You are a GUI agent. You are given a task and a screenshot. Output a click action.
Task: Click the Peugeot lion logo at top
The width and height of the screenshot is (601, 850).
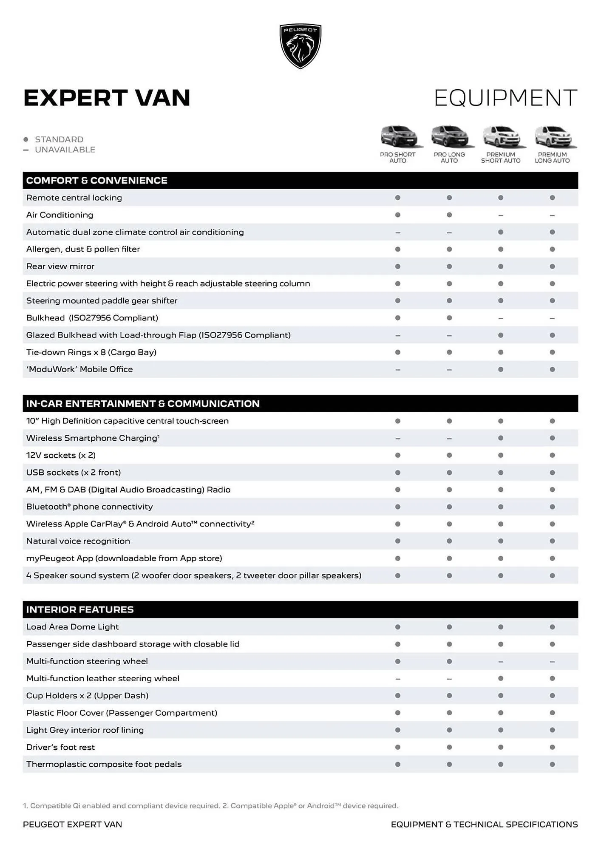point(300,46)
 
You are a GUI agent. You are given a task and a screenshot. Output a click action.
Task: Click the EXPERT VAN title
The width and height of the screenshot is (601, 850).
point(107,98)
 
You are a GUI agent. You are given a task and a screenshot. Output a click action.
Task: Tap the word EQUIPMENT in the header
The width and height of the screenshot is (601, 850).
point(505,98)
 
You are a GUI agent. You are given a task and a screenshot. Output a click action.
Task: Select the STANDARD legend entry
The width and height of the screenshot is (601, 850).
point(59,139)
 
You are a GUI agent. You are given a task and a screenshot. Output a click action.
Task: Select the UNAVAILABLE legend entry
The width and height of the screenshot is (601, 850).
point(65,150)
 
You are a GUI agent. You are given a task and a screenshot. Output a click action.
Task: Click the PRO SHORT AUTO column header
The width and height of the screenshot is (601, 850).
point(397,157)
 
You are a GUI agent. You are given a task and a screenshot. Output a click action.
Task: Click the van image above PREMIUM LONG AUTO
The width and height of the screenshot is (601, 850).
point(552,137)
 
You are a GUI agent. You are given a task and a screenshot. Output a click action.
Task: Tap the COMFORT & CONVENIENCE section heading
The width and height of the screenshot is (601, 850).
point(96,180)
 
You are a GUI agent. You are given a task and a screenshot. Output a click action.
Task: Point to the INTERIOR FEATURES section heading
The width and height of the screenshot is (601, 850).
point(80,609)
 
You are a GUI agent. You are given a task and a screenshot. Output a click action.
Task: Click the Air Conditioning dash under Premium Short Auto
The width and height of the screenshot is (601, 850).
point(501,215)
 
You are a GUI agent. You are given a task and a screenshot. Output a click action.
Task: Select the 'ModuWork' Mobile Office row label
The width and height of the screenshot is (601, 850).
point(79,369)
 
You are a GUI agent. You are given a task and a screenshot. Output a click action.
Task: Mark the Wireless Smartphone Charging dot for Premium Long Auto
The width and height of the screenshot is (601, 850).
point(552,438)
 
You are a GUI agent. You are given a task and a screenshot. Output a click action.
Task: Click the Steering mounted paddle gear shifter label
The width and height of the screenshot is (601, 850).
point(102,300)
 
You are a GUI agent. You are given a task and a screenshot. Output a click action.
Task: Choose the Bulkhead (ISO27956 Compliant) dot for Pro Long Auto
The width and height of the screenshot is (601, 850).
point(449,318)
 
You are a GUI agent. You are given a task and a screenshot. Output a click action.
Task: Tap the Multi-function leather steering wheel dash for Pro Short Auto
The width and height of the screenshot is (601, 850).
point(397,679)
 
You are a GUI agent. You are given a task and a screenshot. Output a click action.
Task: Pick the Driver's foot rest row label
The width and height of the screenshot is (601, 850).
point(60,747)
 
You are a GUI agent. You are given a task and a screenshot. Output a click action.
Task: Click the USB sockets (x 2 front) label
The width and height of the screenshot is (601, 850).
point(74,472)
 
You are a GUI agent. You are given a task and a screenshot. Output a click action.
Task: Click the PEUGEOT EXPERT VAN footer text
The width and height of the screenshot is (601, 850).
point(72,824)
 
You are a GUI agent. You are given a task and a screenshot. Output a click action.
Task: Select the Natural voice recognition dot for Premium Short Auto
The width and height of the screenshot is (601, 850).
point(501,541)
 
